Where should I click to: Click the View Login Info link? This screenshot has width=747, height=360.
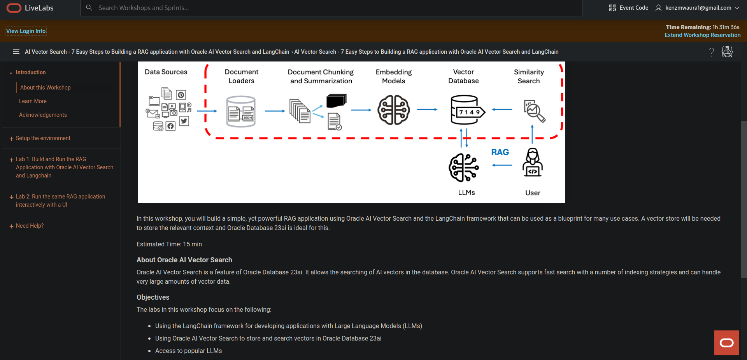(26, 31)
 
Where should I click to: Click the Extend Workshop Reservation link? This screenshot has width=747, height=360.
(702, 35)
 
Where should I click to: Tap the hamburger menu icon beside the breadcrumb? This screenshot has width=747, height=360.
(16, 52)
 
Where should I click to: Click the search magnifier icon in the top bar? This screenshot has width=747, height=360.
(89, 8)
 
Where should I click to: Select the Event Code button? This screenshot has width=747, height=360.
(628, 8)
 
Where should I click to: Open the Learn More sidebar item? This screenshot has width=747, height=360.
(33, 101)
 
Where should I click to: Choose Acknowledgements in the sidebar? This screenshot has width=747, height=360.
(43, 115)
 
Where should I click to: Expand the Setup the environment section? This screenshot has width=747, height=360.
(43, 138)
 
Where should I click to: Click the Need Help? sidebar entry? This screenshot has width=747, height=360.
(30, 226)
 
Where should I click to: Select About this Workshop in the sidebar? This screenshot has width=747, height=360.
(46, 88)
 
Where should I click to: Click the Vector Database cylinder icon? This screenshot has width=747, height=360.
(466, 110)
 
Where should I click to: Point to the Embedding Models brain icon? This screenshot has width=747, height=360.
(393, 110)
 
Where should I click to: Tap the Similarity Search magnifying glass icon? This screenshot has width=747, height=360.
(535, 111)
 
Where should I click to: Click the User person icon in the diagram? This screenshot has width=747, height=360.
(533, 163)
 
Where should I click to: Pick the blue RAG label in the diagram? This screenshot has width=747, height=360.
(500, 152)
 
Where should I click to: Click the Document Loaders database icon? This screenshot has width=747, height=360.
(241, 112)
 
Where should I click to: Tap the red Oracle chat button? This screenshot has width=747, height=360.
(726, 342)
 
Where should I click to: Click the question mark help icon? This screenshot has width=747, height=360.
(712, 52)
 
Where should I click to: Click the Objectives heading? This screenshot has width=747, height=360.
(153, 297)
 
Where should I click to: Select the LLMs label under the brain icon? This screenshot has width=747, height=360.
(466, 193)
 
